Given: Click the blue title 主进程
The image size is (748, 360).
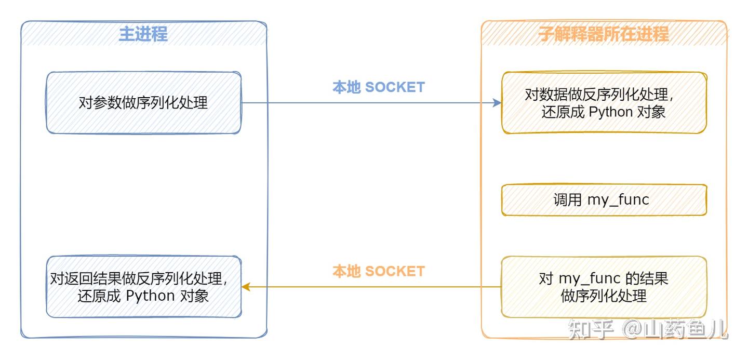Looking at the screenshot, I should click(x=143, y=34).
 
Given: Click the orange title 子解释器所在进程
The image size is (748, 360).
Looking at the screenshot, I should click(x=603, y=34).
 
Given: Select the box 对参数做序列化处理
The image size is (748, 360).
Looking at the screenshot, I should click(x=143, y=103).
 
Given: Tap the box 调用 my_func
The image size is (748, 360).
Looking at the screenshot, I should click(x=604, y=200).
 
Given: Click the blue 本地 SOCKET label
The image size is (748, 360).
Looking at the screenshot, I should click(x=378, y=87).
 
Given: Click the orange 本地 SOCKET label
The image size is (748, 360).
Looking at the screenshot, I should click(x=378, y=271).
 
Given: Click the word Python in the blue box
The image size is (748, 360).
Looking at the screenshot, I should click(x=150, y=296).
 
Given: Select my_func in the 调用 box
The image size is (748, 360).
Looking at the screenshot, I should click(x=618, y=200).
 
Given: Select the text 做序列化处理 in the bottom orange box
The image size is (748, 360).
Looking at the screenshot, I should click(x=604, y=296).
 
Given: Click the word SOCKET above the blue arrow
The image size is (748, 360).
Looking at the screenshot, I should click(x=395, y=87).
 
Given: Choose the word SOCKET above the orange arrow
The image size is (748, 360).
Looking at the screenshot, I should click(x=395, y=271).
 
